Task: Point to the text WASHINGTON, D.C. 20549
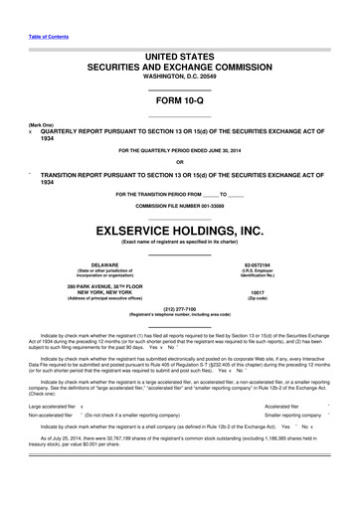179,74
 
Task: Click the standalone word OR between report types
179,162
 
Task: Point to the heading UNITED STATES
179,51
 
